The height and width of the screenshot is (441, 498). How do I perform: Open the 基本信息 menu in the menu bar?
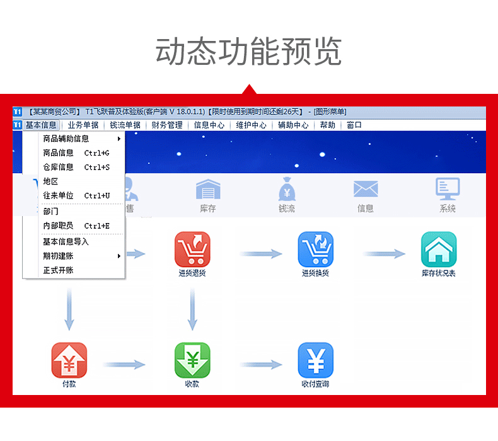pos(41,125)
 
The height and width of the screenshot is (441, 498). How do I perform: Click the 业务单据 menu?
pos(83,125)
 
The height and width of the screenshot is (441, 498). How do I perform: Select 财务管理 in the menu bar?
pos(167,125)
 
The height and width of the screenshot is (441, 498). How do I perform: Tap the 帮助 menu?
pos(328,125)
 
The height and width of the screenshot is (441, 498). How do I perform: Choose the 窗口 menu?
pos(354,125)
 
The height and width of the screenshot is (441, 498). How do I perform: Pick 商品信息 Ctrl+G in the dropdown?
pos(76,152)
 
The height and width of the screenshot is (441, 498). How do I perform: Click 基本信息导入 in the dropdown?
pos(66,241)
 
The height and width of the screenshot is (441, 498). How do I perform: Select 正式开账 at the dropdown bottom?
pos(58,270)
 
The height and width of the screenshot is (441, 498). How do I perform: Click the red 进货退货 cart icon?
pos(192,249)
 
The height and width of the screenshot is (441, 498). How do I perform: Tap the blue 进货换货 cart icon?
pos(316,249)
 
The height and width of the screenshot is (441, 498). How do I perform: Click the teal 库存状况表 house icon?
pos(439,249)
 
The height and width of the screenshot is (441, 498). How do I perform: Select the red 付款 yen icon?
pos(69,360)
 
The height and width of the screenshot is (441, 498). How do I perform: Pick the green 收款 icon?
pos(192,360)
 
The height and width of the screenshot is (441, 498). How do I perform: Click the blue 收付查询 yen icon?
pos(316,360)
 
